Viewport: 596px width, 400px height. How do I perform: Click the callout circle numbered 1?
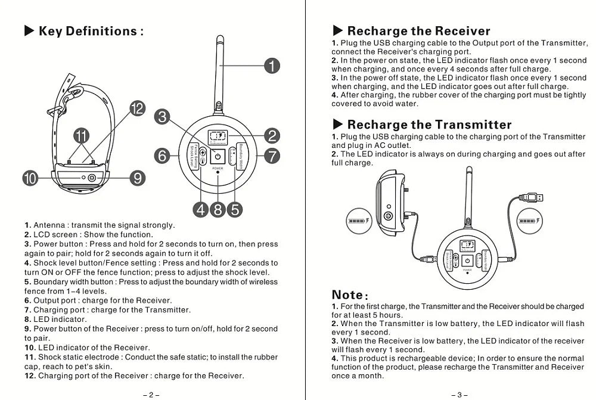(272, 66)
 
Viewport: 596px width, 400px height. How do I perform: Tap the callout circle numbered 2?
(272, 136)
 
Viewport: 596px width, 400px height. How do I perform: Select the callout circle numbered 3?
(162, 117)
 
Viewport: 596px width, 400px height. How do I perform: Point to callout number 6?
(162, 156)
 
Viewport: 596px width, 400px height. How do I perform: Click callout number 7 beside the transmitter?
(272, 156)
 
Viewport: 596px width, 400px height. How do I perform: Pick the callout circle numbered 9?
(137, 178)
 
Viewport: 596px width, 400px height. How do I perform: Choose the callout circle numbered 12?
(137, 108)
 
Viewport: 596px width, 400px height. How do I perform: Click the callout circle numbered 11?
(81, 135)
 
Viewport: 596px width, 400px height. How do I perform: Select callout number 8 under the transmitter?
(218, 210)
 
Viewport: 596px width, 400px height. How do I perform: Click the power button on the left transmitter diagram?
(218, 157)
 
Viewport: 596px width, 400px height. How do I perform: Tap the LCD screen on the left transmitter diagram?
(218, 137)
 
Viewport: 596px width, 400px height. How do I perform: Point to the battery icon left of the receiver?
(358, 221)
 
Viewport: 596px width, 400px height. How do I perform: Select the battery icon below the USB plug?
(529, 221)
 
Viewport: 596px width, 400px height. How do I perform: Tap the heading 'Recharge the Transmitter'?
(429, 125)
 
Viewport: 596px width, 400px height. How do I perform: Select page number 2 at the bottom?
(151, 395)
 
